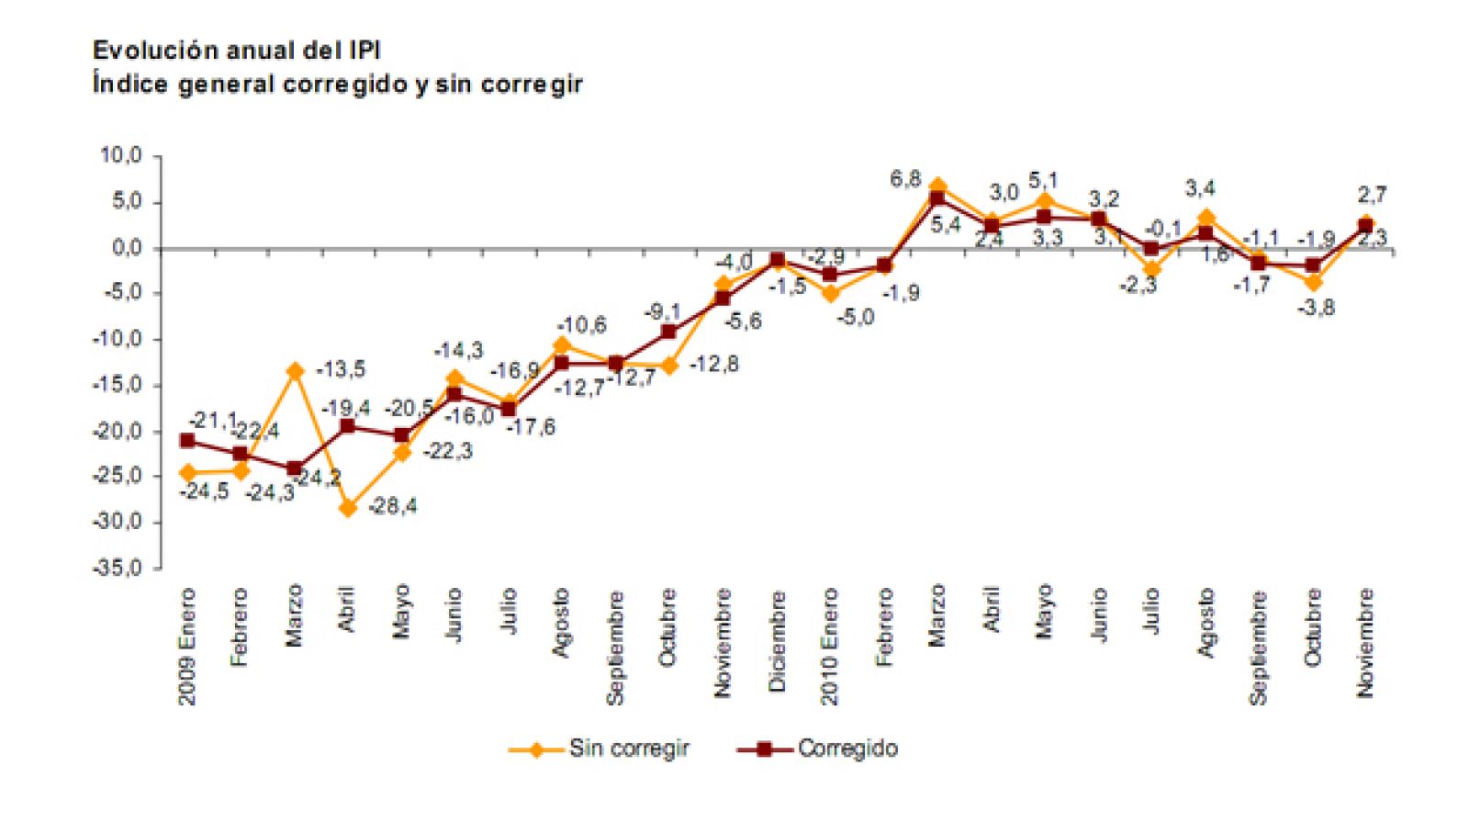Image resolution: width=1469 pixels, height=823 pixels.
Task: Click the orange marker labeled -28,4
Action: [348, 508]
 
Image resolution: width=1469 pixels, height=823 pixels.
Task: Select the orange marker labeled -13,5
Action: [295, 371]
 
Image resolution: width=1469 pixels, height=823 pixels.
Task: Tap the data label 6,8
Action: [905, 180]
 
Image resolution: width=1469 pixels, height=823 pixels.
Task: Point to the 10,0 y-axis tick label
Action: [120, 156]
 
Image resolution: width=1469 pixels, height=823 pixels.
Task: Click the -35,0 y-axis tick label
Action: [117, 568]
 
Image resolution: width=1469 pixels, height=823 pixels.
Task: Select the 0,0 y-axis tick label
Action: [126, 248]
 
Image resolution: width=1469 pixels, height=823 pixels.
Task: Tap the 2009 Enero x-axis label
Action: [188, 648]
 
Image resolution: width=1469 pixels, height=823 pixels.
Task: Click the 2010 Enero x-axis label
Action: [830, 648]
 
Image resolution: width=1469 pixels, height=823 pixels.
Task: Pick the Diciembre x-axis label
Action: [778, 641]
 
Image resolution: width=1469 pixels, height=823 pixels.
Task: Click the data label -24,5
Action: [204, 492]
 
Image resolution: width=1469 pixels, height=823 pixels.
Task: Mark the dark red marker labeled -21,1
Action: [187, 441]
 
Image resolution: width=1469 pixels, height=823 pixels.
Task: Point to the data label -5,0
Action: [855, 318]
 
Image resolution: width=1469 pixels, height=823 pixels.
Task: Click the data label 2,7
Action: [1372, 194]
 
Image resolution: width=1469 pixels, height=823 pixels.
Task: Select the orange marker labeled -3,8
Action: [1313, 283]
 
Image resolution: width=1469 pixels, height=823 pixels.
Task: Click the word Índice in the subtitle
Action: [130, 85]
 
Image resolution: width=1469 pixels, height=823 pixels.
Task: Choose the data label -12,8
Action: [714, 365]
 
